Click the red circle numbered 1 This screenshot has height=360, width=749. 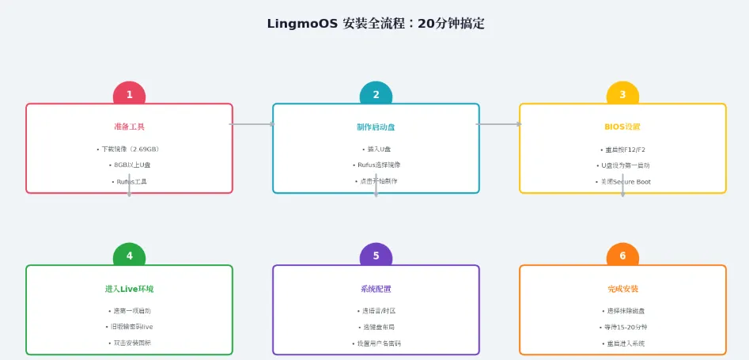[129, 95]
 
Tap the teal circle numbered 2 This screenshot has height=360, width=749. [376, 95]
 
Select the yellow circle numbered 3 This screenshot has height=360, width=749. [622, 95]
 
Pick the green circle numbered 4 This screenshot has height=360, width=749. [129, 256]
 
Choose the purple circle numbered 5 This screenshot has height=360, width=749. [376, 256]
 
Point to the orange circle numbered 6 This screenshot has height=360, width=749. [622, 256]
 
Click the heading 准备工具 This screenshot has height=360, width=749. [129, 127]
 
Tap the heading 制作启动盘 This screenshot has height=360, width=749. [376, 127]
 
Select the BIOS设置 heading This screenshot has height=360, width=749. [622, 127]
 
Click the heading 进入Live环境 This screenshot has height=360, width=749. [129, 289]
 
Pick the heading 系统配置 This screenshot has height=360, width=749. [376, 289]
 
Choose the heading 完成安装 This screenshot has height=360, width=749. [622, 289]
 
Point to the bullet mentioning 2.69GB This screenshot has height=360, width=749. [129, 149]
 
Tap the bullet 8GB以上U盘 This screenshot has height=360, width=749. [129, 165]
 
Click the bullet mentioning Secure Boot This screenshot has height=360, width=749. [622, 182]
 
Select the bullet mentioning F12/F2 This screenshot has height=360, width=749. [622, 149]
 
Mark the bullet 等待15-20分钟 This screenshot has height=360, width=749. [622, 327]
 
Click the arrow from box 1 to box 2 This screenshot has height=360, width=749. [252, 124]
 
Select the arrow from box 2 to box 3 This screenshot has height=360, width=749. [499, 124]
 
